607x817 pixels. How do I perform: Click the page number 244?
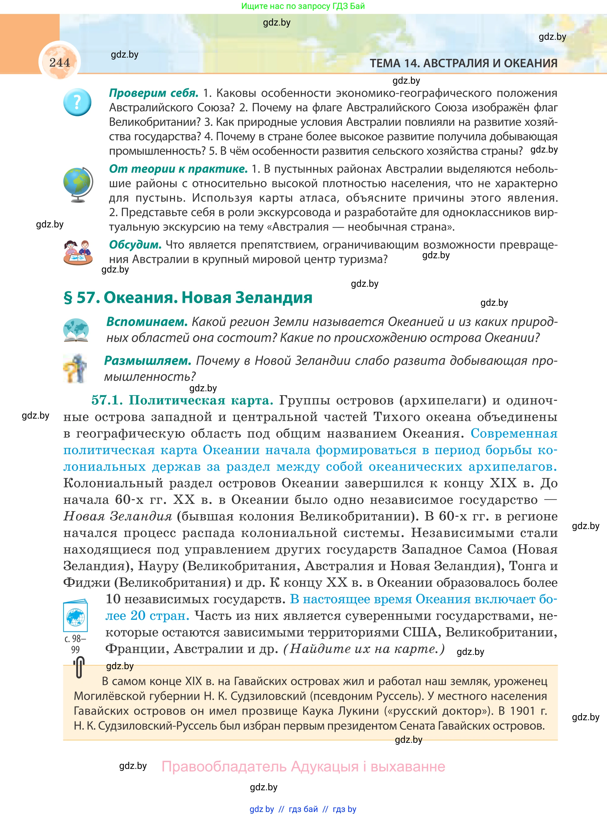(59, 62)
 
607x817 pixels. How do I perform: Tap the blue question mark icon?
(77, 102)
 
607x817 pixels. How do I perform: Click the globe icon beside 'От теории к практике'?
(78, 184)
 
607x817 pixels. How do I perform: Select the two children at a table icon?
(78, 252)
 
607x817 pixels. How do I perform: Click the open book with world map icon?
(76, 330)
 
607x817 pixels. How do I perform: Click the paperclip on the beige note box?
(79, 667)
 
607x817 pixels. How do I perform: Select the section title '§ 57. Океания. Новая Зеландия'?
(188, 297)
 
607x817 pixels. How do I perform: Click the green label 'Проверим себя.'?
(154, 93)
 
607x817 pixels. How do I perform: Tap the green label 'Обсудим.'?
(135, 245)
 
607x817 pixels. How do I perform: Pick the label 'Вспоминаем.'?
(147, 322)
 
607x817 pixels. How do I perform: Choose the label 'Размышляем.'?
(148, 361)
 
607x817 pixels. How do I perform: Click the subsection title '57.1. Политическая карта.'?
(182, 400)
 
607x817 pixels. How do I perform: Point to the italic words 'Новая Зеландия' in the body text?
(118, 516)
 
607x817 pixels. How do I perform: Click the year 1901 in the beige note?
(523, 711)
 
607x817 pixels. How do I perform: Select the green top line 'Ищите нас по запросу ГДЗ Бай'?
(303, 6)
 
